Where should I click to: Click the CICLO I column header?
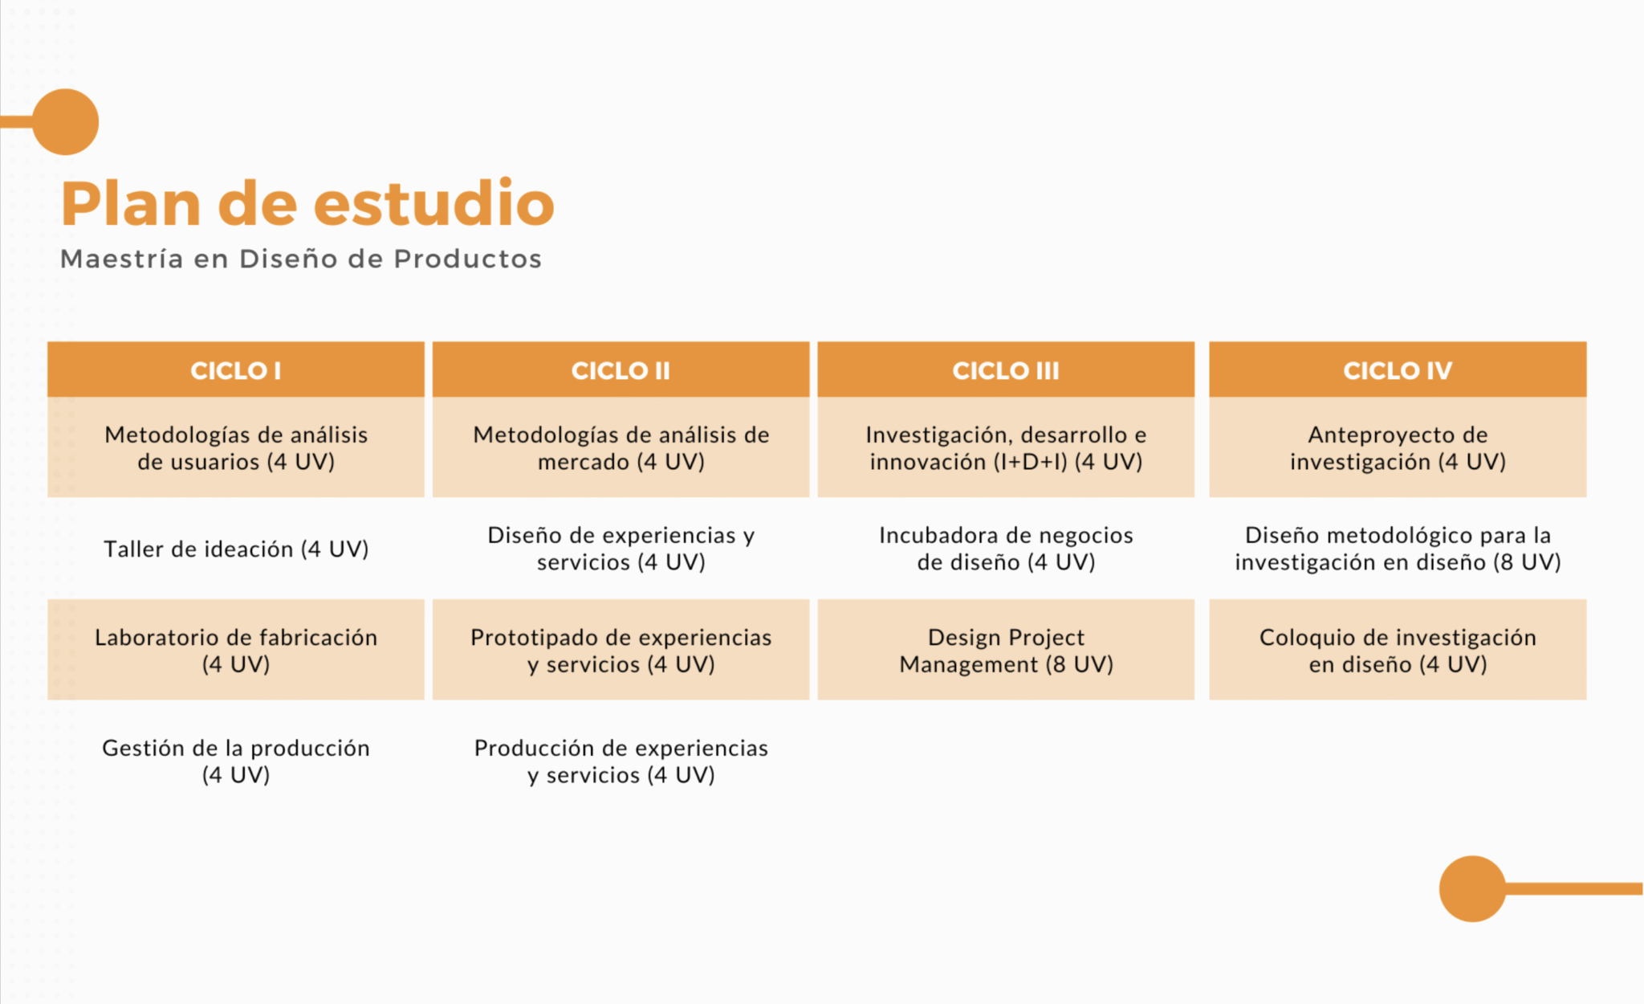tap(236, 369)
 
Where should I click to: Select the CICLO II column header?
tap(621, 369)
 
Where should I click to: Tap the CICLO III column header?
tap(1006, 369)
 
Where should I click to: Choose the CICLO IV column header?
tap(1398, 369)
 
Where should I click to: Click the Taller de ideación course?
tap(236, 549)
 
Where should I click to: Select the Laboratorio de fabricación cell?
tap(236, 650)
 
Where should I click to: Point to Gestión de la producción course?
tap(236, 761)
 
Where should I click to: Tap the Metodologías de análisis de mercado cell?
tap(621, 447)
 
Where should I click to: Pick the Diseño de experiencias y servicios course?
tap(621, 549)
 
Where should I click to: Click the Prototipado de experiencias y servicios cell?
tap(621, 650)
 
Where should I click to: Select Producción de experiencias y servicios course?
tap(621, 761)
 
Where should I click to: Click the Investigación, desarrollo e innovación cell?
tap(1006, 447)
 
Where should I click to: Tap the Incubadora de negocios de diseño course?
tap(1006, 549)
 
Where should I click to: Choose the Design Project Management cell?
tap(1006, 650)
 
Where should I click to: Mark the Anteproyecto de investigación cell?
tap(1398, 447)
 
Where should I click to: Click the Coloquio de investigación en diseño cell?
tap(1398, 650)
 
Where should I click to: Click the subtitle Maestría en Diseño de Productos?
tap(301, 259)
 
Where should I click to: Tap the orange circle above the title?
tap(66, 121)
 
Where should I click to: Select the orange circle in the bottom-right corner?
tap(1472, 888)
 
